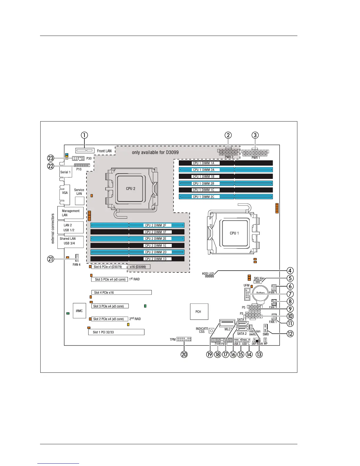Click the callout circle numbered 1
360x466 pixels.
pos(84,135)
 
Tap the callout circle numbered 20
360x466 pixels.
pos(184,355)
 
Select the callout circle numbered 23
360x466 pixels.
pos(51,158)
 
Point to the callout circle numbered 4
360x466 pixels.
pos(290,271)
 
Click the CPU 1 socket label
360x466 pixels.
pos(234,233)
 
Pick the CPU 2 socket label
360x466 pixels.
pos(131,189)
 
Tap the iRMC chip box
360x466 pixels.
pos(79,311)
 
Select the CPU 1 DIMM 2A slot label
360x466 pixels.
pos(204,170)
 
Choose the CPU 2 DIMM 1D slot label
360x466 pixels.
pos(156,259)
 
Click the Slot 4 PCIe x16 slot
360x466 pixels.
pos(121,292)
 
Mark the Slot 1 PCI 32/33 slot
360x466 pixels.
pos(116,332)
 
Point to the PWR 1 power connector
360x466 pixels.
pos(255,153)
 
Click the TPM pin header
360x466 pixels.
pos(184,339)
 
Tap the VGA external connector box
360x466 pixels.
pos(65,193)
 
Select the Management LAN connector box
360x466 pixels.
pos(71,213)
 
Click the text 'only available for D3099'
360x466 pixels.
pos(155,152)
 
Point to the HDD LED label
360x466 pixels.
pos(208,274)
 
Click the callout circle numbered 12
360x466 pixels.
pos(290,334)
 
